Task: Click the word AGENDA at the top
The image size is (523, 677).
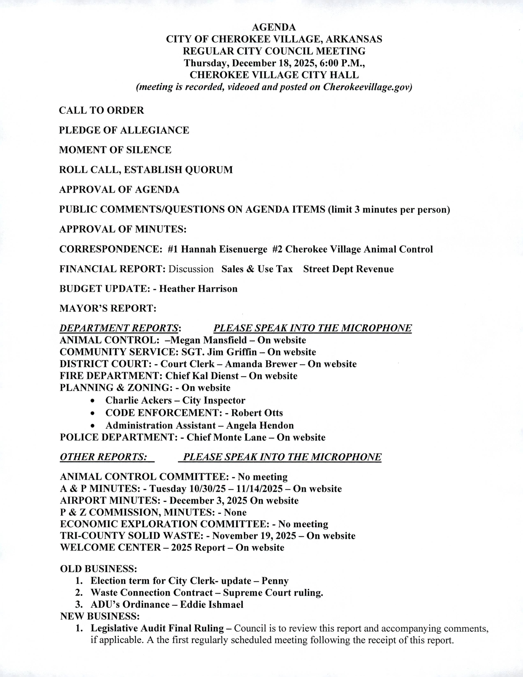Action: click(274, 27)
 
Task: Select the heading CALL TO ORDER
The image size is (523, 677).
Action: click(101, 110)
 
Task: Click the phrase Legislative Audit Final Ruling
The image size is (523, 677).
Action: click(157, 628)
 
